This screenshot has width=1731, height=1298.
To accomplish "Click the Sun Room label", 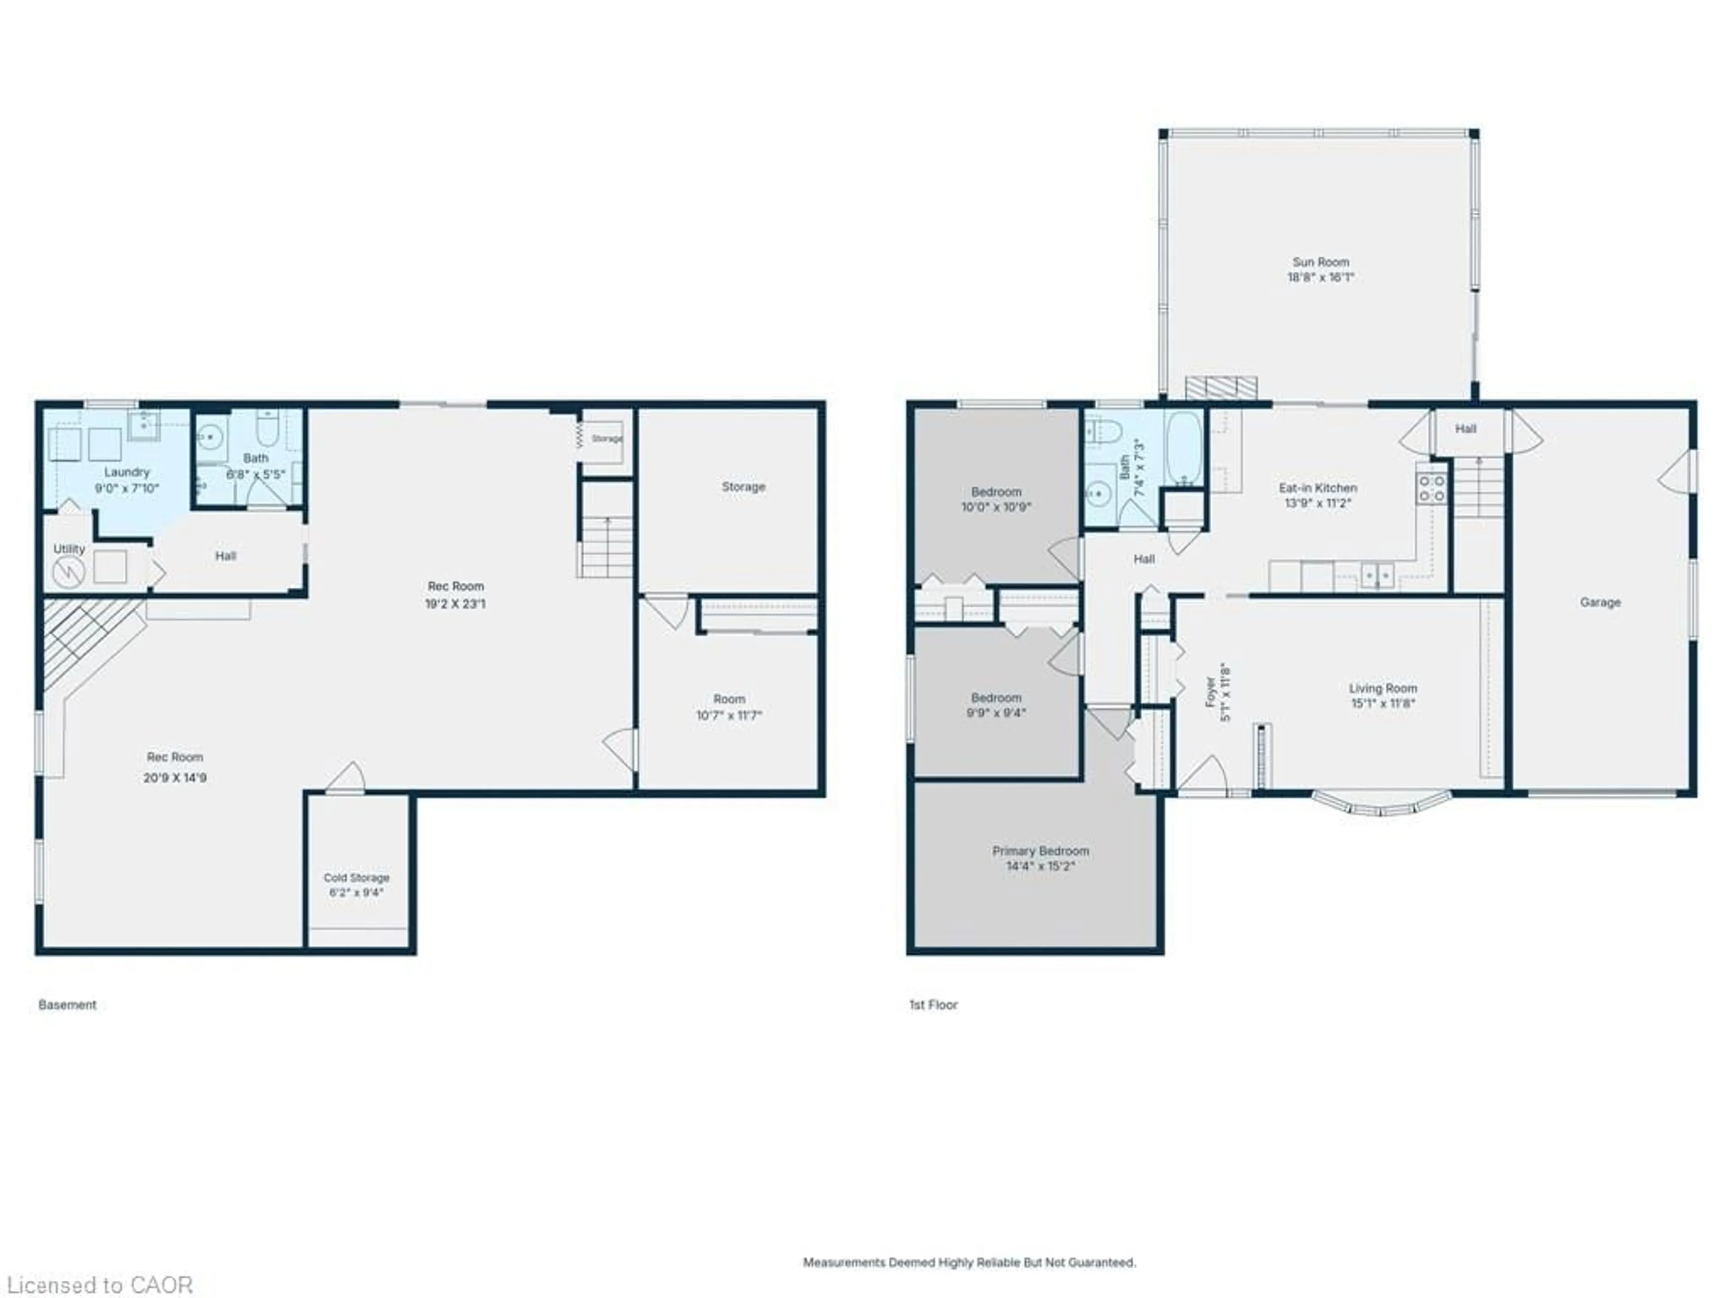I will pyautogui.click(x=1320, y=262).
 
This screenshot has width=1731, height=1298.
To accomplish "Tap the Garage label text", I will pyautogui.click(x=1599, y=603).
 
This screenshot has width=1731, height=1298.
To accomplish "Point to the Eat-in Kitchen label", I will pyautogui.click(x=1318, y=488).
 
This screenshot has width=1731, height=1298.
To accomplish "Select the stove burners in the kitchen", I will pyautogui.click(x=1431, y=488).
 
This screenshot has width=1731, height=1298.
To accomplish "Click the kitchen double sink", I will pyautogui.click(x=1377, y=576).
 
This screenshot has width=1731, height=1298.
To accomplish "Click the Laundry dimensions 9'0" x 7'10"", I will pyautogui.click(x=127, y=488).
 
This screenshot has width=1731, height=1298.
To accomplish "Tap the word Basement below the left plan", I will pyautogui.click(x=67, y=1005).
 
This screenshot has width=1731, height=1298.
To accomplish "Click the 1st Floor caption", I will pyautogui.click(x=933, y=1005).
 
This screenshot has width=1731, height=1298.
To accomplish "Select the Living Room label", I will pyautogui.click(x=1383, y=689).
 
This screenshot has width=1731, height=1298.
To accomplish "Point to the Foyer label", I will pyautogui.click(x=1211, y=692).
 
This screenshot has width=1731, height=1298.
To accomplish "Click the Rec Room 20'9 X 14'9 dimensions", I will pyautogui.click(x=174, y=778).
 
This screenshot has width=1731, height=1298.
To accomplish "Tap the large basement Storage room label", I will pyautogui.click(x=742, y=487).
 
